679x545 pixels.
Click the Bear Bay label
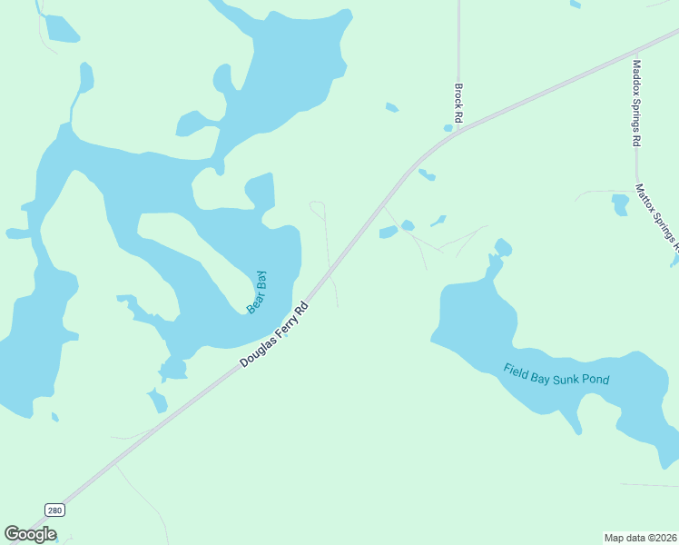pyautogui.click(x=258, y=292)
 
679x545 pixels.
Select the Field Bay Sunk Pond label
pyautogui.click(x=556, y=374)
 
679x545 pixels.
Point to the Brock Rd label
pyautogui.click(x=459, y=104)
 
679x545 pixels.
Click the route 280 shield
pyautogui.click(x=54, y=510)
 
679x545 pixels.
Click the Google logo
pyautogui.click(x=30, y=534)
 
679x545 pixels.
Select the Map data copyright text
pyautogui.click(x=640, y=538)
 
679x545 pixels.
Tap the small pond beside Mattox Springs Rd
pyautogui.click(x=621, y=204)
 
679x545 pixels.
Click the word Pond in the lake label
pyautogui.click(x=594, y=380)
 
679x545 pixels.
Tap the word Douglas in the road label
pyautogui.click(x=257, y=352)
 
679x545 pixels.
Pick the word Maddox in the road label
pyautogui.click(x=637, y=81)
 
